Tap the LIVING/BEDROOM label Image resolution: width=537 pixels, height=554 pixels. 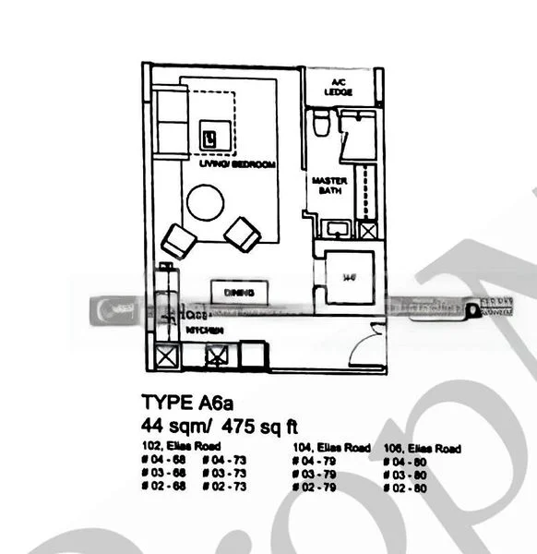click(x=238, y=164)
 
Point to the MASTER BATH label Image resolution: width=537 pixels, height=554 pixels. click(x=329, y=186)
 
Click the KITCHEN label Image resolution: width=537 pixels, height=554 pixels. click(x=203, y=329)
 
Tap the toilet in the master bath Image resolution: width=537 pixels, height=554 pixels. click(x=320, y=123)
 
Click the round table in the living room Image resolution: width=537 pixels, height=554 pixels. click(x=205, y=204)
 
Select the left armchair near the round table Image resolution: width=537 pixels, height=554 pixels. click(x=178, y=242)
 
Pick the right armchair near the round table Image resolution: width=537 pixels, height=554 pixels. click(x=242, y=234)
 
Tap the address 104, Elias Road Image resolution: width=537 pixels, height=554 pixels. click(x=330, y=448)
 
